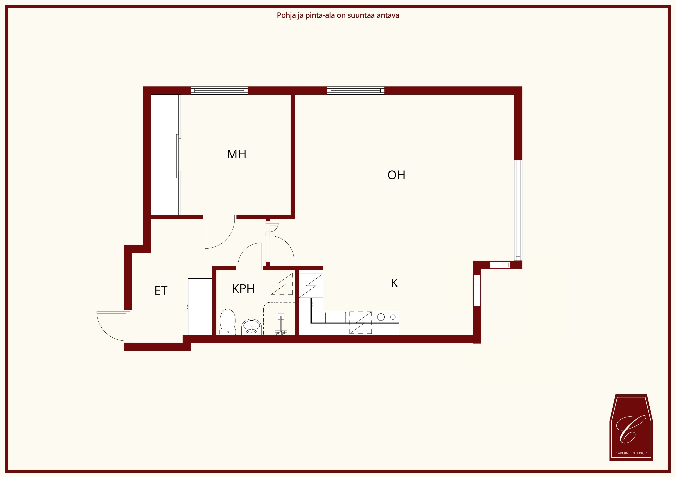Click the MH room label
pos(236,154)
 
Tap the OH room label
pos(396,175)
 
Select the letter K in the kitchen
pos(394,283)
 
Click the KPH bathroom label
pos(243,289)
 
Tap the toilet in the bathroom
pos(228,322)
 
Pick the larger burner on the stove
pos(381,317)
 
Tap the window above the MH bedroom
pos(219,90)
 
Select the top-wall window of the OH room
pos(356,90)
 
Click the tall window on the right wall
pos(518,210)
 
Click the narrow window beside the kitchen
pos(477,290)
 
